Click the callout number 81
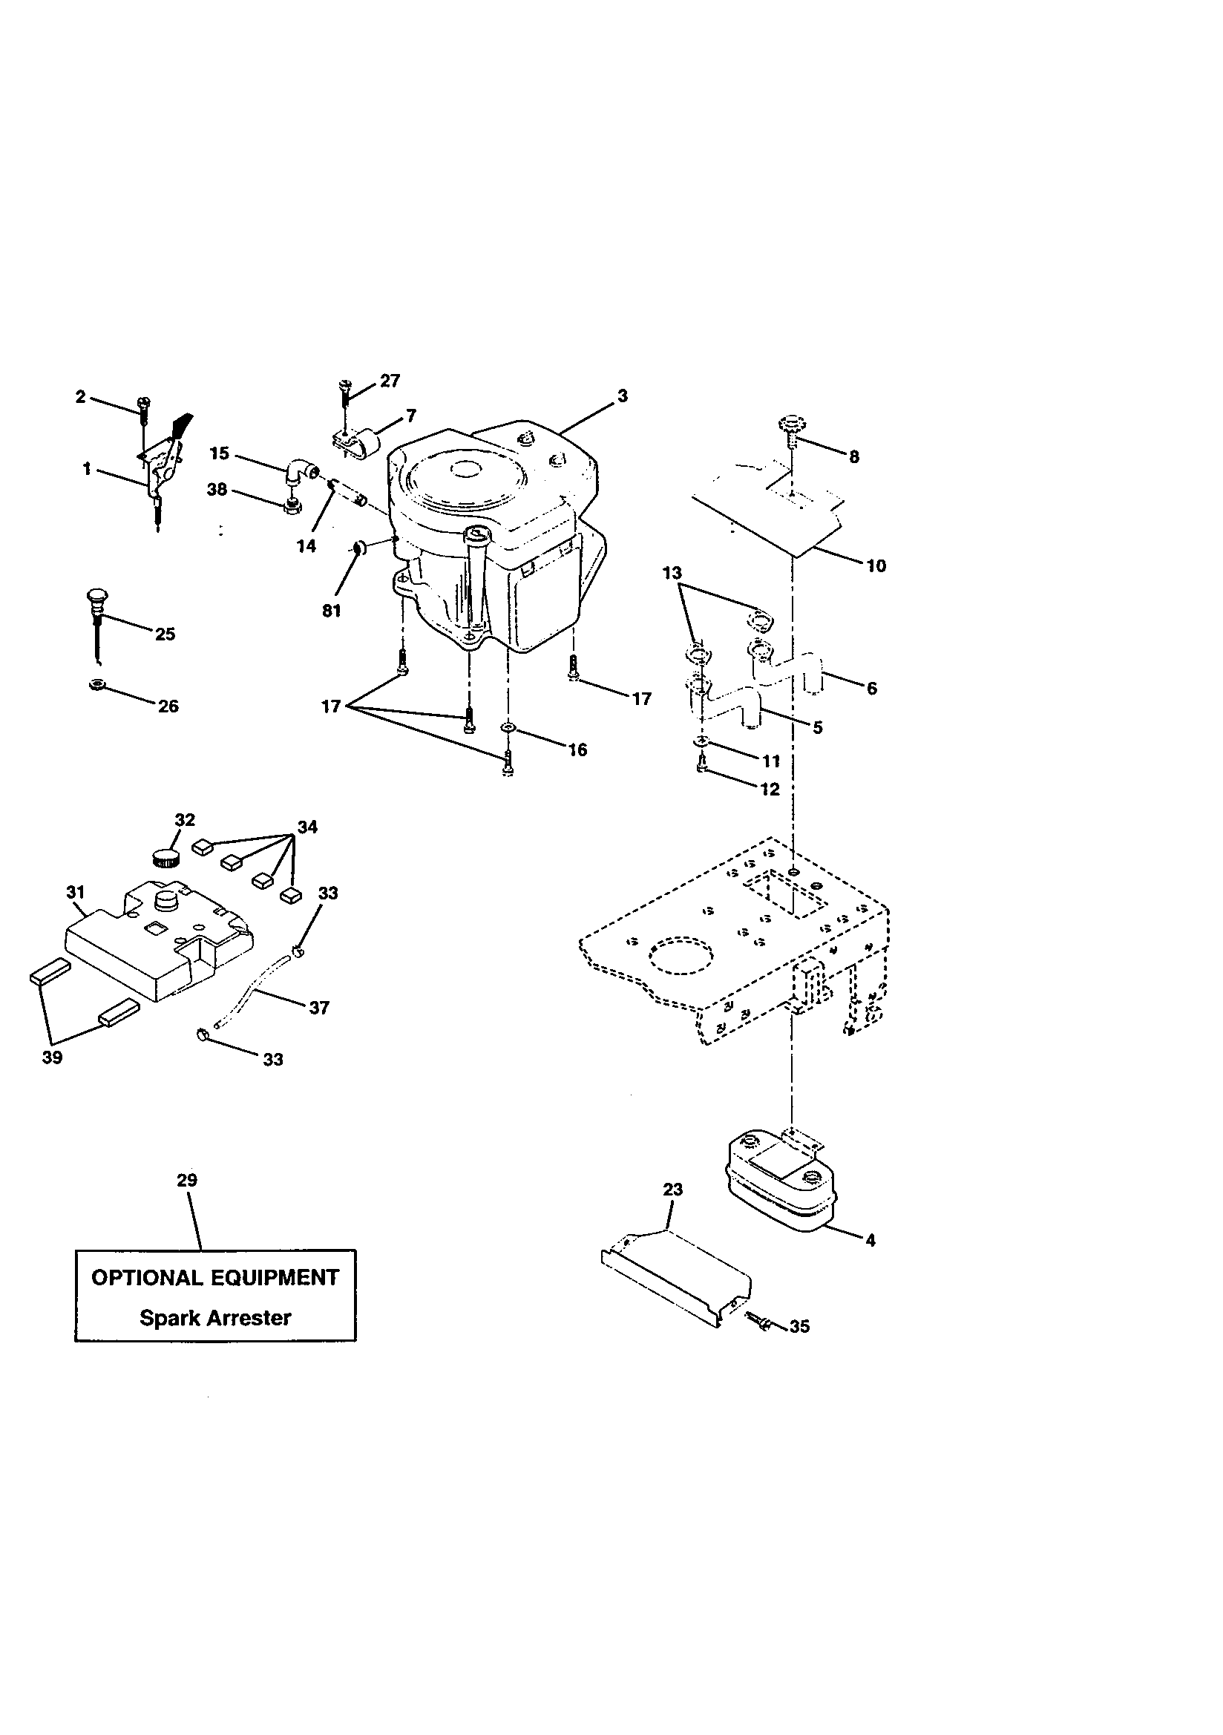pyautogui.click(x=332, y=611)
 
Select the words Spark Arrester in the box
pyautogui.click(x=214, y=1318)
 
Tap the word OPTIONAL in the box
pyautogui.click(x=147, y=1278)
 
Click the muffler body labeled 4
pyautogui.click(x=778, y=1191)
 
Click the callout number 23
pyautogui.click(x=673, y=1190)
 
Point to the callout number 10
pyautogui.click(x=876, y=566)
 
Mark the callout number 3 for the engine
pyautogui.click(x=622, y=396)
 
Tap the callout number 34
pyautogui.click(x=307, y=827)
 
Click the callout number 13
pyautogui.click(x=672, y=574)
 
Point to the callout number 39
pyautogui.click(x=52, y=1057)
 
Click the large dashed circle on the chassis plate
pyautogui.click(x=681, y=957)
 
